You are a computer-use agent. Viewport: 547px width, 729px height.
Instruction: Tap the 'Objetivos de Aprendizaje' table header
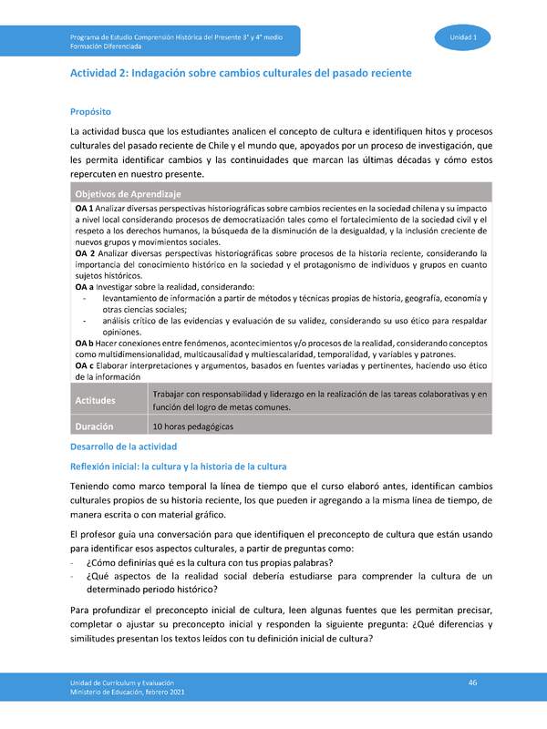tap(128, 194)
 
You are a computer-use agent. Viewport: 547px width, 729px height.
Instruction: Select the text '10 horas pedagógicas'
tap(193, 426)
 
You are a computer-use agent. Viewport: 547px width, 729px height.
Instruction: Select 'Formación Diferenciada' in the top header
tap(105, 44)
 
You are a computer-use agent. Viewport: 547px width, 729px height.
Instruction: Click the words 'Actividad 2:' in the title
tap(99, 72)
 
